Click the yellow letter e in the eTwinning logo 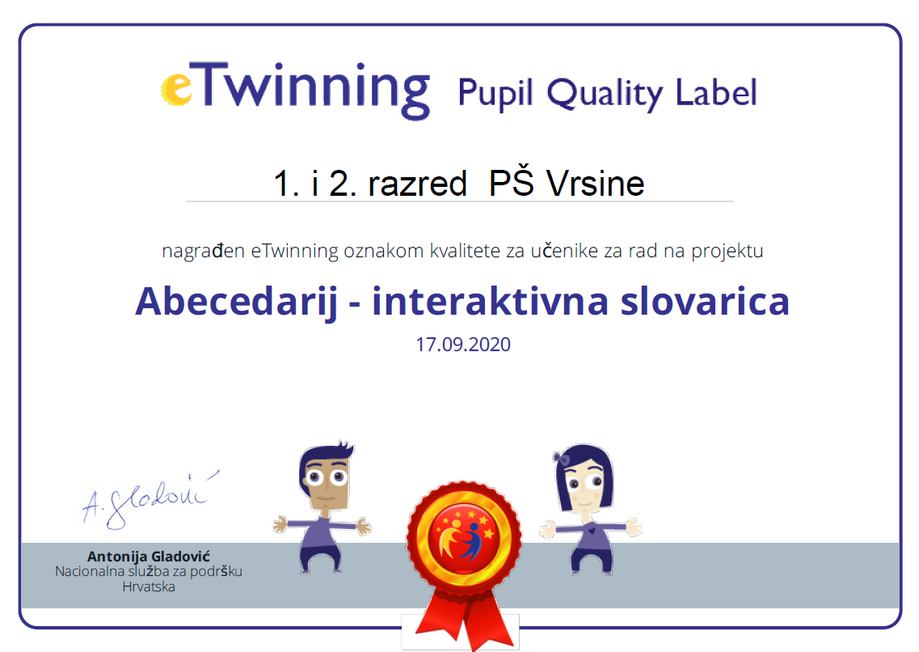coord(176,89)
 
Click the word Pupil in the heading coord(495,93)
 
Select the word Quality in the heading coord(605,94)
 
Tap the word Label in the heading coord(716,93)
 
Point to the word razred coord(417,184)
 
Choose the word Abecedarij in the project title coord(237,303)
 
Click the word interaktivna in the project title coord(491,301)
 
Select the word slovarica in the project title coord(705,301)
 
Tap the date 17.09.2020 coord(463,344)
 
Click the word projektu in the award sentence coord(727,252)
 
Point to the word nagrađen coord(204,252)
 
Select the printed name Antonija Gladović coord(148,556)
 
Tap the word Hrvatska coord(149,587)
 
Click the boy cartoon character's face coord(325,481)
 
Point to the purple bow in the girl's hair coord(562,459)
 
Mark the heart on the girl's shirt coord(592,531)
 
